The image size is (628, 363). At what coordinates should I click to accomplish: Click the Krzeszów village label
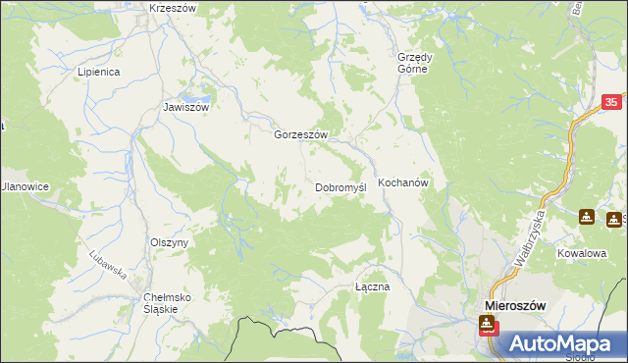pyautogui.click(x=173, y=7)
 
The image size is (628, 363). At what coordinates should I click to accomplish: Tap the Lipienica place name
pyautogui.click(x=98, y=73)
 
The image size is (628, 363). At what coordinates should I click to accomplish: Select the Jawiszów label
pyautogui.click(x=186, y=108)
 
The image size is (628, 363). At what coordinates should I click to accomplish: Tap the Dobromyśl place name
pyautogui.click(x=340, y=186)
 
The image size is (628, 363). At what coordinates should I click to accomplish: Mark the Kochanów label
pyautogui.click(x=403, y=182)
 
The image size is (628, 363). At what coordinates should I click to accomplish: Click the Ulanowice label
pyautogui.click(x=24, y=186)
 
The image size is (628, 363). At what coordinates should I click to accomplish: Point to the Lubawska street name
pyautogui.click(x=111, y=262)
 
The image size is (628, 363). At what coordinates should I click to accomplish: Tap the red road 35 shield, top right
pyautogui.click(x=611, y=103)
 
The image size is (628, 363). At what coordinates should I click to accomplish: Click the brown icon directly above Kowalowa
pyautogui.click(x=587, y=217)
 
